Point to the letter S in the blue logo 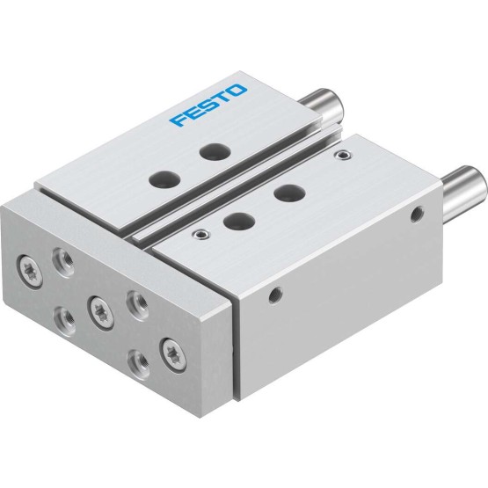pyautogui.click(x=208, y=105)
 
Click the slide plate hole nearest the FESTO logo pyautogui.click(x=215, y=151)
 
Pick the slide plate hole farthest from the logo pyautogui.click(x=164, y=179)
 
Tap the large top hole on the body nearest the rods pyautogui.click(x=289, y=193)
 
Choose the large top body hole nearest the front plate pyautogui.click(x=239, y=221)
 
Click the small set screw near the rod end pyautogui.click(x=343, y=154)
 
